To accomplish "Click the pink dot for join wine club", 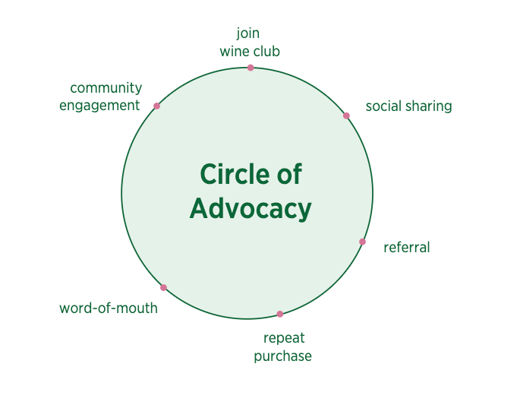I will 251,68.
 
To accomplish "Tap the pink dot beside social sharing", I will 346,115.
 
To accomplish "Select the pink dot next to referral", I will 362,242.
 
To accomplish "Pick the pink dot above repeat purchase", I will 279,314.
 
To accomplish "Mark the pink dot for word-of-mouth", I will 163,287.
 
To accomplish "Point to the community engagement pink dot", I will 156,106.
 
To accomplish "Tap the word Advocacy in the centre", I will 251,208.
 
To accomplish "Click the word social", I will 383,106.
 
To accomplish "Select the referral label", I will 406,247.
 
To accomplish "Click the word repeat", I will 283,338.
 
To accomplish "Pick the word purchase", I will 282,356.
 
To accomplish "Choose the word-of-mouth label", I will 109,308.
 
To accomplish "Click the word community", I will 106,88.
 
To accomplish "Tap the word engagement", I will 99,106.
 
